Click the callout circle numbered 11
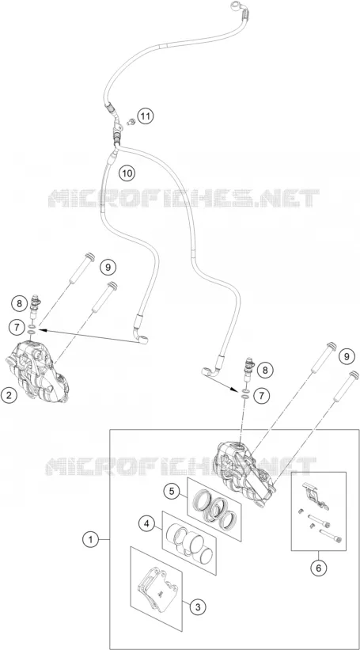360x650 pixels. click(x=145, y=116)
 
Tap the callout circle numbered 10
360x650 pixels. click(x=127, y=173)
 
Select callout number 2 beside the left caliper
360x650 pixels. click(x=9, y=394)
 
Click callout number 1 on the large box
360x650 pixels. click(x=90, y=540)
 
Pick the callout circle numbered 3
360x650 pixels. click(x=198, y=607)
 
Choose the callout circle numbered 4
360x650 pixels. click(x=146, y=523)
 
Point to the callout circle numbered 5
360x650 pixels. click(x=171, y=492)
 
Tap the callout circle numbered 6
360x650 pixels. click(x=318, y=568)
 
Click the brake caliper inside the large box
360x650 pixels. click(x=244, y=470)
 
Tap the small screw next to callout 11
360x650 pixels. click(x=131, y=122)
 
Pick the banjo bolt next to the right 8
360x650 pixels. click(x=250, y=367)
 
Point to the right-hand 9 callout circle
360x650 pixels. click(x=347, y=355)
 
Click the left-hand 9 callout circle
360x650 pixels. click(x=108, y=268)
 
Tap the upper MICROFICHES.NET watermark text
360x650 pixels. click(x=184, y=198)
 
